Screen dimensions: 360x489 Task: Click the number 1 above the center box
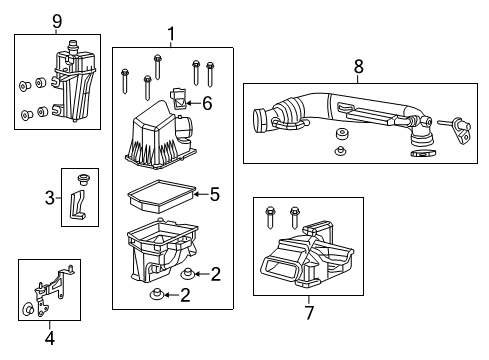(x=171, y=37)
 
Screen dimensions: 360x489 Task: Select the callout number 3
(x=47, y=198)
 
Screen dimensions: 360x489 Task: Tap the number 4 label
(x=48, y=336)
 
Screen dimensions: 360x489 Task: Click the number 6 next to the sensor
(x=207, y=102)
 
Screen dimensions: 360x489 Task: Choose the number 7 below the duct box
(x=308, y=313)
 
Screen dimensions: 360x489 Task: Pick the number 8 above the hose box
(x=358, y=67)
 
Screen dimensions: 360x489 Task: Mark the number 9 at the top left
(x=57, y=20)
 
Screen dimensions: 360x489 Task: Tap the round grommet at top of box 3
(x=84, y=181)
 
